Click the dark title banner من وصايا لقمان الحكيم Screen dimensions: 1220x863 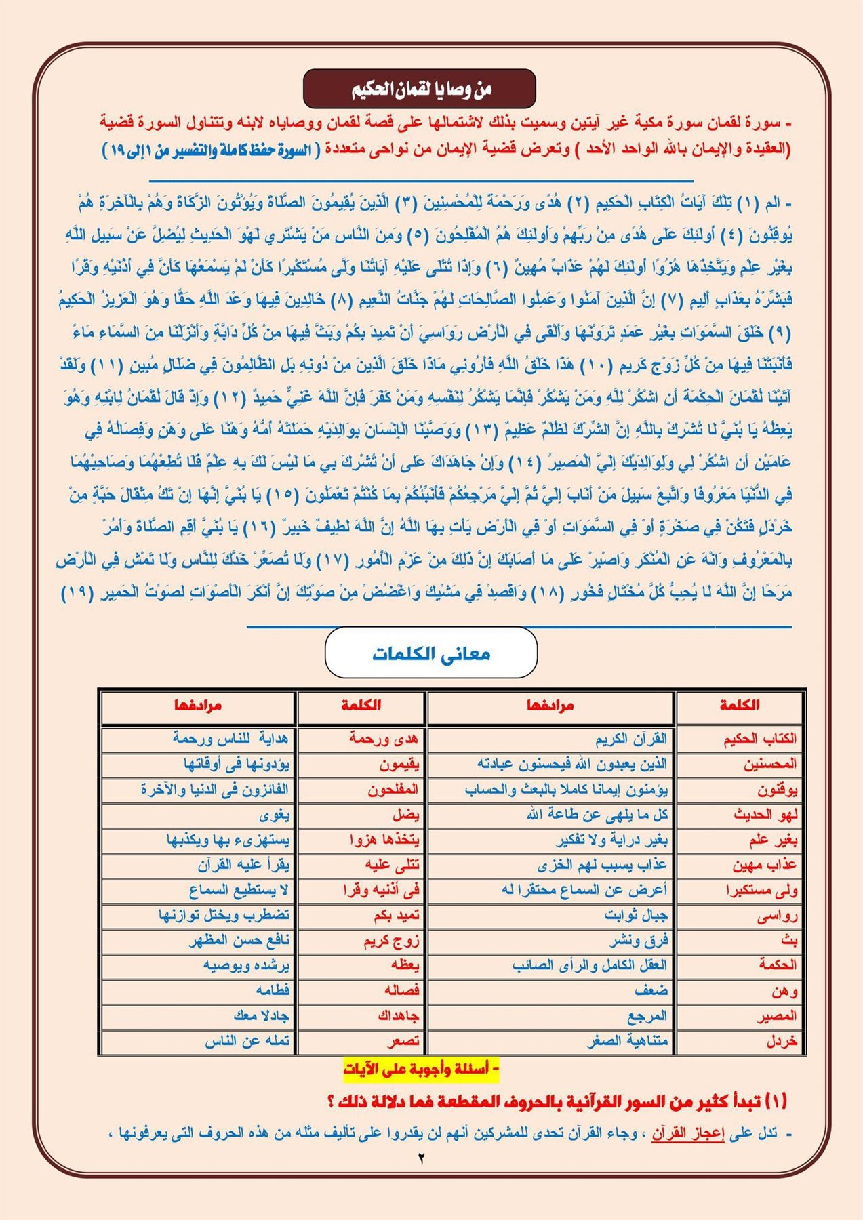click(420, 89)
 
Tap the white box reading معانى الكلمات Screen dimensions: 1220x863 click(431, 653)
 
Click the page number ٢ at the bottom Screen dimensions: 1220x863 click(421, 1158)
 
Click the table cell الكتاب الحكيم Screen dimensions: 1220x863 click(759, 738)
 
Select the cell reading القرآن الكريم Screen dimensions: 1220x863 click(631, 738)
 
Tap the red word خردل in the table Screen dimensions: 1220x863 click(782, 1041)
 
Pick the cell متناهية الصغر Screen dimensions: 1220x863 click(628, 1041)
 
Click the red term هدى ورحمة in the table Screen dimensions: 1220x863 click(384, 738)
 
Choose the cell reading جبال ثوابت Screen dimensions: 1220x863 click(636, 916)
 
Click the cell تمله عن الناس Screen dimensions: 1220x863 click(247, 1041)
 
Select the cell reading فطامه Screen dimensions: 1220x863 click(273, 990)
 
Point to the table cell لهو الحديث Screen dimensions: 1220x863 click(765, 815)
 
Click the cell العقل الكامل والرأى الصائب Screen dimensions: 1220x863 click(590, 965)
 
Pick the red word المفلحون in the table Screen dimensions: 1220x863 click(393, 790)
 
